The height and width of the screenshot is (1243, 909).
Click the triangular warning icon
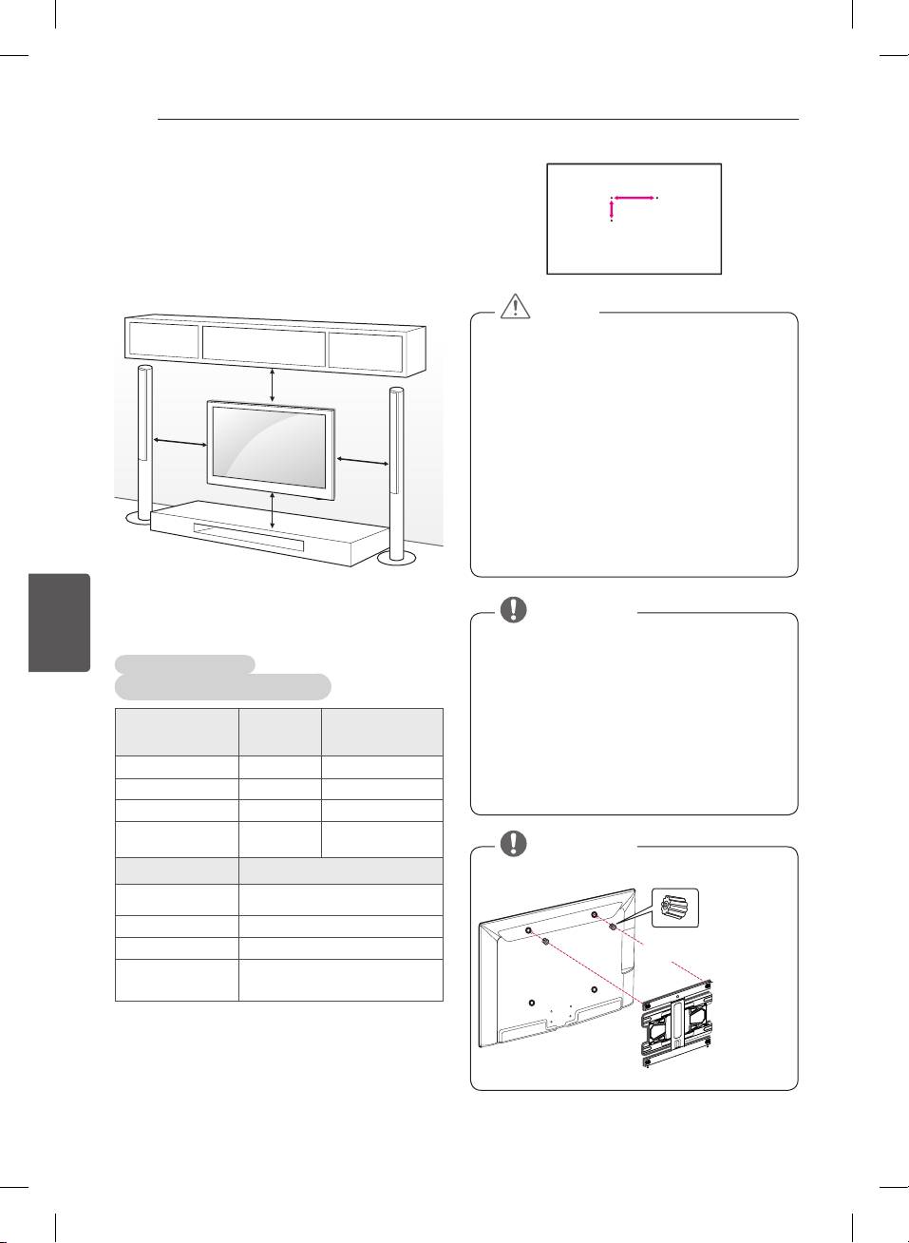515,304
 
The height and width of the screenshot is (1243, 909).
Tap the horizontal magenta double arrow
634,198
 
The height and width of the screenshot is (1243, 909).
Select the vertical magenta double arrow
611,210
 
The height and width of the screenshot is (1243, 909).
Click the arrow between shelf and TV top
273,384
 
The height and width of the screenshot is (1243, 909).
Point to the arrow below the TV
273,511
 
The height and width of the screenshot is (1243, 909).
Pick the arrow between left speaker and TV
180,442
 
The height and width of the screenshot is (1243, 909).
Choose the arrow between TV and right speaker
362,461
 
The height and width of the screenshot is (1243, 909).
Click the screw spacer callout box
675,908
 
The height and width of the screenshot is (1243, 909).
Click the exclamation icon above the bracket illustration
514,843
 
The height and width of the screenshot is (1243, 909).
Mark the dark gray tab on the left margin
60,622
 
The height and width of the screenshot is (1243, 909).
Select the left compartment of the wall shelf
163,340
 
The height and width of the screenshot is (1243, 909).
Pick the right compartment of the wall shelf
366,351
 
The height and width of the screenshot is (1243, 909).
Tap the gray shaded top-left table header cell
177,732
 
